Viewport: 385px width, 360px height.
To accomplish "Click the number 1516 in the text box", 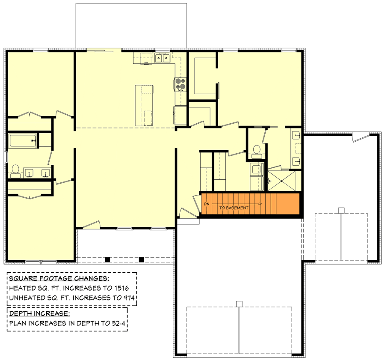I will pyautogui.click(x=128, y=288).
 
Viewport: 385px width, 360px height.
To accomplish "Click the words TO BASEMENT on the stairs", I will pyautogui.click(x=234, y=208).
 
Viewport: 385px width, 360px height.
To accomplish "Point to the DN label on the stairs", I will pyautogui.click(x=206, y=204).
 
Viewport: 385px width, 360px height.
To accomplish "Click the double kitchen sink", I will pyautogui.click(x=162, y=58).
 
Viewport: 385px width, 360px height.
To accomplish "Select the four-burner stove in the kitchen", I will pyautogui.click(x=180, y=84).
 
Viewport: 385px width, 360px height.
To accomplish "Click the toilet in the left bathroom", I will pyautogui.click(x=16, y=170).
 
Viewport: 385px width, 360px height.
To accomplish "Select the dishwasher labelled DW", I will pyautogui.click(x=146, y=63).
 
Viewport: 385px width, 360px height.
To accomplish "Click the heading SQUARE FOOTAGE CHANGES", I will pyautogui.click(x=59, y=279).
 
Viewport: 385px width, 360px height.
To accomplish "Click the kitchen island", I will pyautogui.click(x=144, y=105).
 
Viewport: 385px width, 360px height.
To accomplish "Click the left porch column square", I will pyautogui.click(x=107, y=259).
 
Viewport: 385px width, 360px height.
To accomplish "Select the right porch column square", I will pyautogui.click(x=142, y=259).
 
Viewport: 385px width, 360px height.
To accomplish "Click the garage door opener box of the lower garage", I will pyautogui.click(x=239, y=304).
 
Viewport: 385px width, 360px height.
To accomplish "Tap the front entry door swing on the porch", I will pyautogui.click(x=92, y=224).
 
